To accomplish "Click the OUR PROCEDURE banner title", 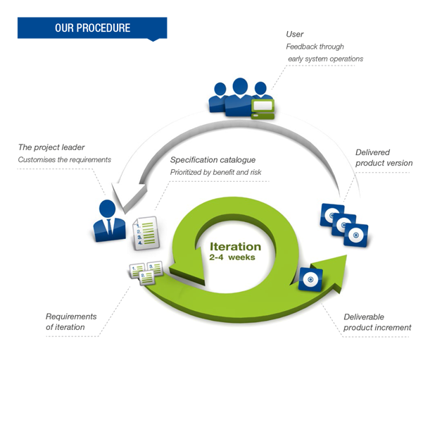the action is click(x=92, y=28).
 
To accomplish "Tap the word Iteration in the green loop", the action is click(x=235, y=247).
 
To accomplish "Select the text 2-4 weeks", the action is click(x=232, y=257).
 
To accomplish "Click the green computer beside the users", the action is click(x=263, y=109).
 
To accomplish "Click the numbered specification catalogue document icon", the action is click(x=146, y=233).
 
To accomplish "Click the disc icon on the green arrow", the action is click(x=310, y=279).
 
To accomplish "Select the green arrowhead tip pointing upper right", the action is click(x=346, y=255).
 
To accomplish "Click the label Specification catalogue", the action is click(x=213, y=160).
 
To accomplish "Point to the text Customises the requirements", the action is click(x=65, y=160).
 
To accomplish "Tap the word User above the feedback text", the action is click(x=295, y=34).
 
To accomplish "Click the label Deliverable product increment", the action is click(x=377, y=322).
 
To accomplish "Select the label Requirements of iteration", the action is click(x=71, y=321).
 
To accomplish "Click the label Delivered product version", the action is click(x=384, y=157).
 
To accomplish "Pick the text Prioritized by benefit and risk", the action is click(x=215, y=172).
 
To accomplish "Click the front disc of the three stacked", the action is click(x=356, y=235).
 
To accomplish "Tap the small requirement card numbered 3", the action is click(x=155, y=268).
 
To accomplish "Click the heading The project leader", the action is click(x=51, y=147).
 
